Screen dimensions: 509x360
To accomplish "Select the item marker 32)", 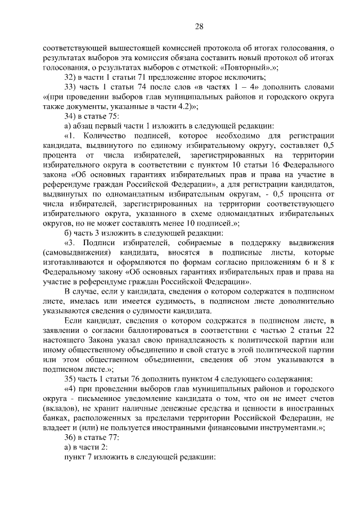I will [70, 76].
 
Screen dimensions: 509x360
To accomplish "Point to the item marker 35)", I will [70, 378].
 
